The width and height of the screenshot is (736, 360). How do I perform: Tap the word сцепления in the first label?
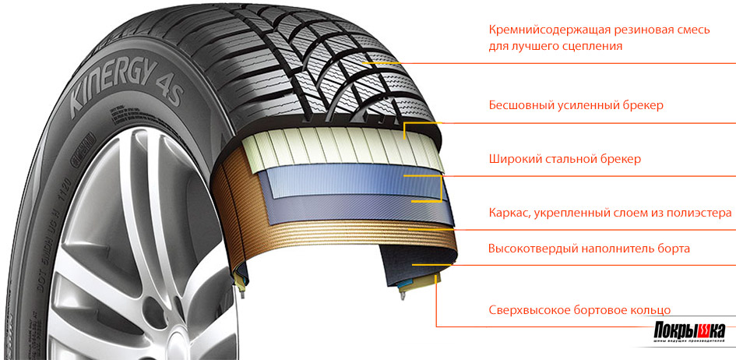pyautogui.click(x=592, y=46)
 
